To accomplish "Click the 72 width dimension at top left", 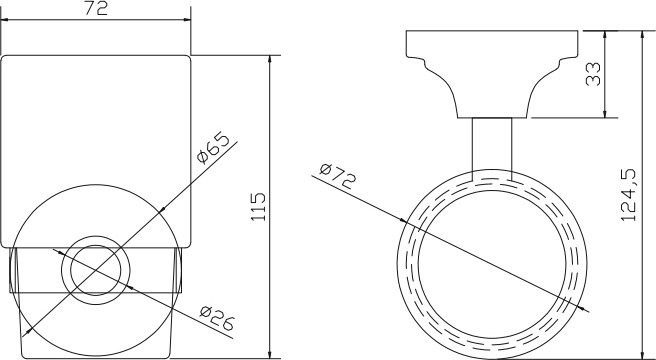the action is coord(96,8).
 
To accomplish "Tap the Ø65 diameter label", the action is coord(213,148).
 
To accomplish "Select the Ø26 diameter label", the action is coord(217,318).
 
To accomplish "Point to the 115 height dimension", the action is coord(258,207).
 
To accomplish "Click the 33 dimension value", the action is coord(593,74).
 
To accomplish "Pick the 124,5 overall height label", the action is coord(628,195).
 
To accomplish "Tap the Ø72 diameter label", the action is coord(338,175).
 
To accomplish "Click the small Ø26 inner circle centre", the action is coord(96,270).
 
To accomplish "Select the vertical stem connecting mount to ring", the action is coord(492,149).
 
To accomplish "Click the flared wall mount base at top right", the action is coord(492,74).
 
